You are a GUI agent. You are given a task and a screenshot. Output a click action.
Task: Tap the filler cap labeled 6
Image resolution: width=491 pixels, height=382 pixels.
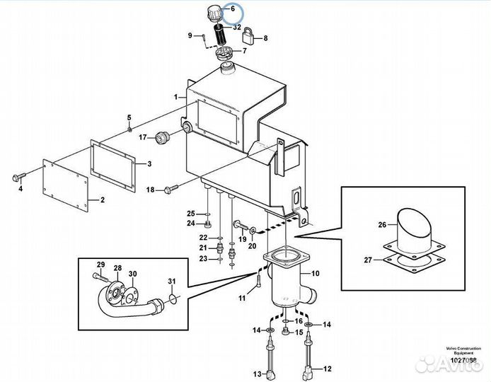[214, 14]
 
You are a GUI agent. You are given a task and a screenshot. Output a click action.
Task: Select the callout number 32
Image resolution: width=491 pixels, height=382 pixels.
[237, 28]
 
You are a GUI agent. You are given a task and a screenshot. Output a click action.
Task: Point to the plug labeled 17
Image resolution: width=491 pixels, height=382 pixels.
[162, 137]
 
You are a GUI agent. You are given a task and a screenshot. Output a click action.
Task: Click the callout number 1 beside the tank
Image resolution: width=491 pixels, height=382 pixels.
[176, 97]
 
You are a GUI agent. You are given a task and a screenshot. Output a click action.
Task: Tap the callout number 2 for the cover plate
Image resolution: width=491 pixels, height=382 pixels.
[103, 199]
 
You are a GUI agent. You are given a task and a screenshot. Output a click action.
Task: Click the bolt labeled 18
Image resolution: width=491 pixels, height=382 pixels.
[171, 189]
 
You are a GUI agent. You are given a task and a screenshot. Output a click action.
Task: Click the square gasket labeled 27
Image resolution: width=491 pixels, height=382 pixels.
[414, 262]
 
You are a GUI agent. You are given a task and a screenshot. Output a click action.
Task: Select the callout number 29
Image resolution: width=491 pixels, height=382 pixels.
[100, 265]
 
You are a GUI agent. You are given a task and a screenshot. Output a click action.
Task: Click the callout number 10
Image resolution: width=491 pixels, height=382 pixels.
[315, 273]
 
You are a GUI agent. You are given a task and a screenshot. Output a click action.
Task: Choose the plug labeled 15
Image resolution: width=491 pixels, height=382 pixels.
[286, 332]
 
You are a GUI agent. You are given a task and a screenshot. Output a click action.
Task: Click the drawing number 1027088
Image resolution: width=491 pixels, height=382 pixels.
[463, 360]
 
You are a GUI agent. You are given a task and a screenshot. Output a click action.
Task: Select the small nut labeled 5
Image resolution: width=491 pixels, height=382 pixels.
[129, 129]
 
